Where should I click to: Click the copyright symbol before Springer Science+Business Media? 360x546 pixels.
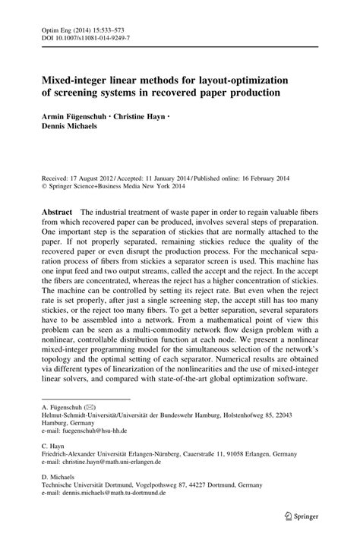33,182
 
